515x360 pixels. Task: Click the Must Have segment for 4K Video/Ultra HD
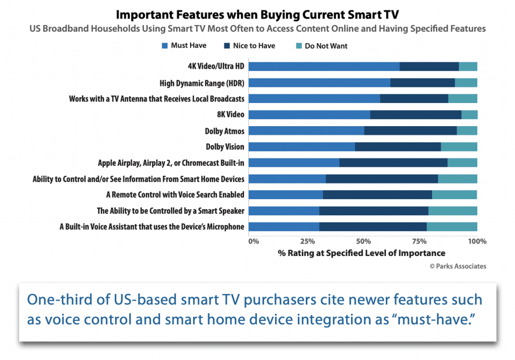point(324,66)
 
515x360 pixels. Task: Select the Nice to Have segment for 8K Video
point(416,115)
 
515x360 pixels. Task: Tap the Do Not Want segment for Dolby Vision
point(459,147)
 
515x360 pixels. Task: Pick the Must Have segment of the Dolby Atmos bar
point(306,131)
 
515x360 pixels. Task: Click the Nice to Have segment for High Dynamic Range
point(423,83)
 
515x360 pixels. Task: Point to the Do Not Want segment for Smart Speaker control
point(453,211)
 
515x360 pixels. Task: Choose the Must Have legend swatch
point(165,46)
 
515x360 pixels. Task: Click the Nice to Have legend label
point(254,46)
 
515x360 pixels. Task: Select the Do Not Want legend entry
point(322,46)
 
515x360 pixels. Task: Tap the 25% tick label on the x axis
point(307,242)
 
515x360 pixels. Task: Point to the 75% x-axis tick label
point(419,242)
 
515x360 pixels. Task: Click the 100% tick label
point(477,242)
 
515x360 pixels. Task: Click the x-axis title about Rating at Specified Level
point(362,253)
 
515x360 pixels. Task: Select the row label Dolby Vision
point(225,147)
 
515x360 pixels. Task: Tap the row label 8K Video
point(231,115)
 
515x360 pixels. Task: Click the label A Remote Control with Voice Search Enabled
point(175,195)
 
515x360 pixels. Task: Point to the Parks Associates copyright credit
point(458,266)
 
